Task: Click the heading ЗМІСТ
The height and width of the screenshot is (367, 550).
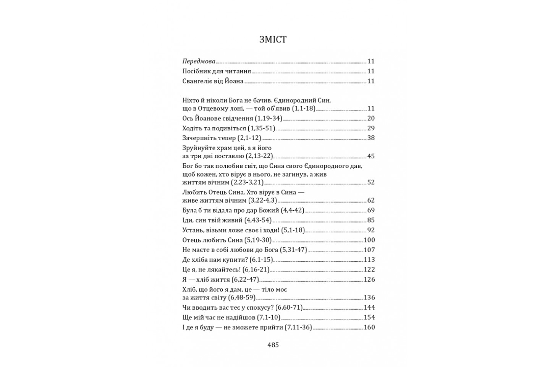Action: [273, 39]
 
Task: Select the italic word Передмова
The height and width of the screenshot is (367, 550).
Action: [199, 61]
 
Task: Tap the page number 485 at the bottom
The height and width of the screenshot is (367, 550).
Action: [273, 345]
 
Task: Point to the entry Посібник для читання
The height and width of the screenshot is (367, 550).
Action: [217, 71]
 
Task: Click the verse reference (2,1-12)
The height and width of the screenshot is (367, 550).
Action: [249, 138]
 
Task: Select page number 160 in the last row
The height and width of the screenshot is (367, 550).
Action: [369, 327]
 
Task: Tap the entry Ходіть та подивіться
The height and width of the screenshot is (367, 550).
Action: [214, 128]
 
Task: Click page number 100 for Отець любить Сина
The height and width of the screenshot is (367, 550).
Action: [369, 240]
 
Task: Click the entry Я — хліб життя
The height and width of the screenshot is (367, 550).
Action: [206, 279]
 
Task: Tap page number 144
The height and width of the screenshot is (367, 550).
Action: [369, 307]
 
